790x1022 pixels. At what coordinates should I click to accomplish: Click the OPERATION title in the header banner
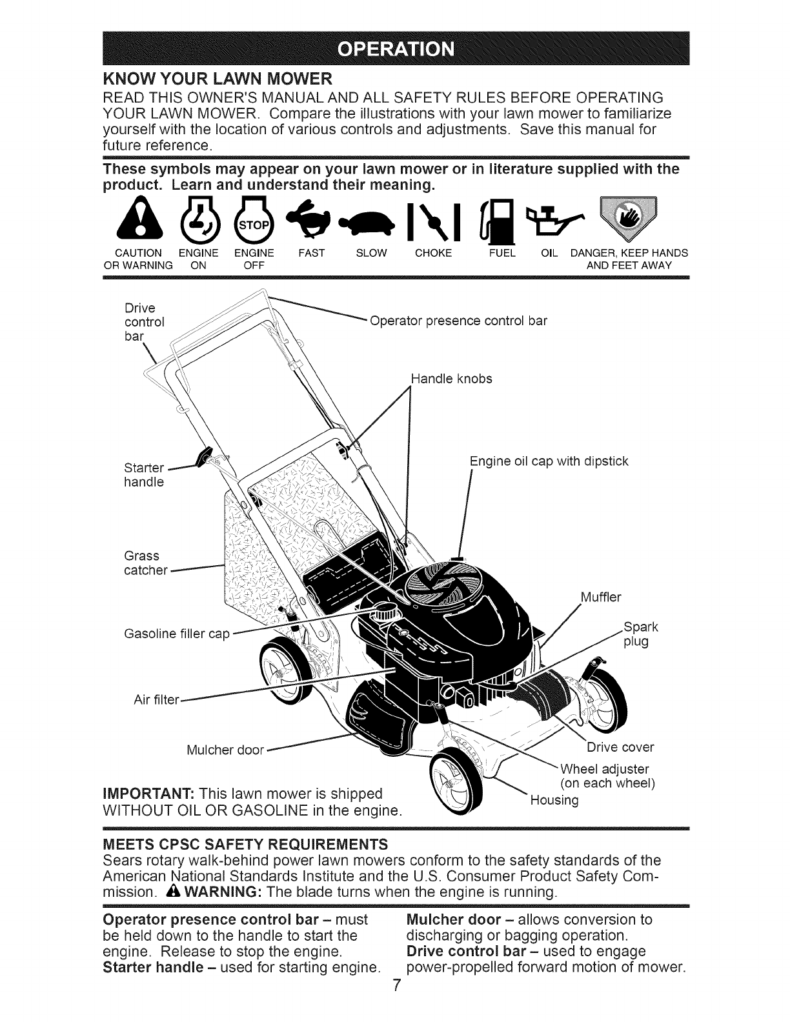coord(396,50)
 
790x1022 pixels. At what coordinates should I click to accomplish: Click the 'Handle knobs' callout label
coord(451,379)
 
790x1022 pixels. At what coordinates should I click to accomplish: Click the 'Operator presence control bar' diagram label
coord(458,321)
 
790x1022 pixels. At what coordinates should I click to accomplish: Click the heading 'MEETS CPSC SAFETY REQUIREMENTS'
coord(246,844)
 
